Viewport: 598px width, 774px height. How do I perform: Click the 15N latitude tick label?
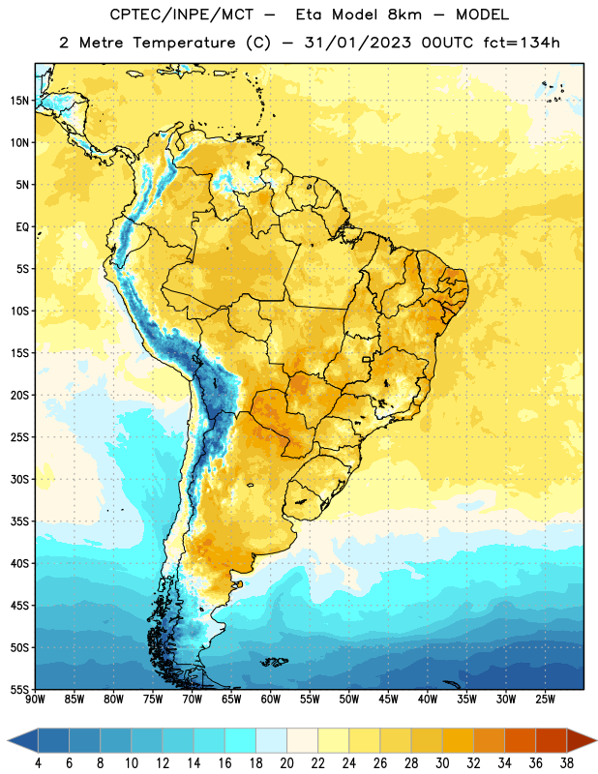19,101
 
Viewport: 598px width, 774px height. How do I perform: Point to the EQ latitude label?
22,227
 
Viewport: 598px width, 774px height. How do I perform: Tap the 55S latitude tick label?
19,689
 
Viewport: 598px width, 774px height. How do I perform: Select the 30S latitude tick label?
19,479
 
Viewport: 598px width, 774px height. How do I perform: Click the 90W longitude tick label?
36,699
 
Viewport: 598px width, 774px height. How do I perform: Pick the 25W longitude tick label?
546,699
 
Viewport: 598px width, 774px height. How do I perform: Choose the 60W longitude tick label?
271,699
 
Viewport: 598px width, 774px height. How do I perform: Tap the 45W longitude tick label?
389,699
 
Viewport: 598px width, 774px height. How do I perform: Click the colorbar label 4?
38,763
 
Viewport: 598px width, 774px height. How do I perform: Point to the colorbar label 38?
566,763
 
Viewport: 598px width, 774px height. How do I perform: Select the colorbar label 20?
286,763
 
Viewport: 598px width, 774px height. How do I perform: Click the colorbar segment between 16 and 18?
240,741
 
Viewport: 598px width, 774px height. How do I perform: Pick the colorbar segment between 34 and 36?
520,741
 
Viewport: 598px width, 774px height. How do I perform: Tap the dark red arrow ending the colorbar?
581,741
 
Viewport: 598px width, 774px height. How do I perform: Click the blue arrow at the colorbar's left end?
23,741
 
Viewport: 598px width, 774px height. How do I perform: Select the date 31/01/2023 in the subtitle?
357,43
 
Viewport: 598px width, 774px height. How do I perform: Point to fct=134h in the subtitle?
522,43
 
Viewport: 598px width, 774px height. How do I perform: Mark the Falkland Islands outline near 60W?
274,662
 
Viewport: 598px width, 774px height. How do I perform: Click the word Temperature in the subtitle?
184,43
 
